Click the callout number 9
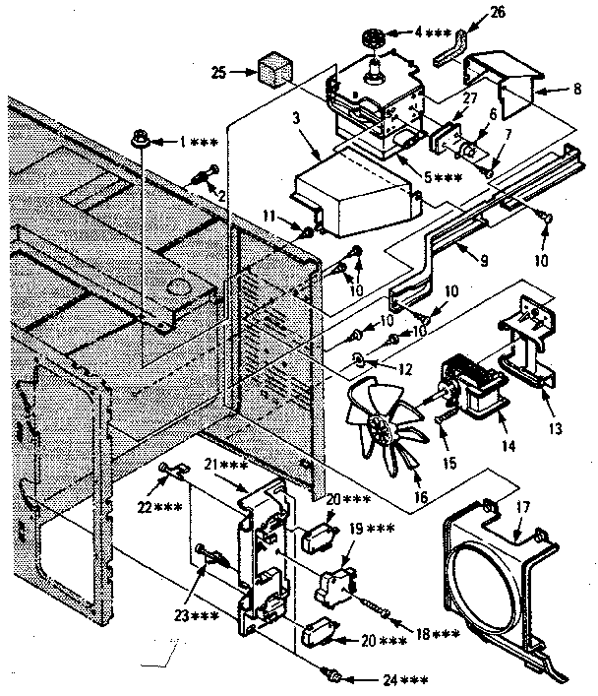(455, 263)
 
